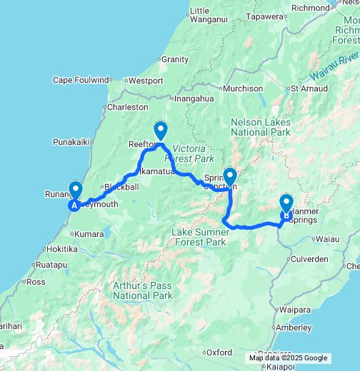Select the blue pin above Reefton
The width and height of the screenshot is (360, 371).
(161, 131)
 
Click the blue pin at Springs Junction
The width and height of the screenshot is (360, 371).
(230, 176)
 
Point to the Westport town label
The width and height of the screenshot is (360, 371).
(146, 81)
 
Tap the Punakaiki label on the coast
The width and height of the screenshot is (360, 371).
(70, 142)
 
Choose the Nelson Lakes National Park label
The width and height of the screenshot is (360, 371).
(261, 127)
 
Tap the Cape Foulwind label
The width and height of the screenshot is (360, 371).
(81, 80)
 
